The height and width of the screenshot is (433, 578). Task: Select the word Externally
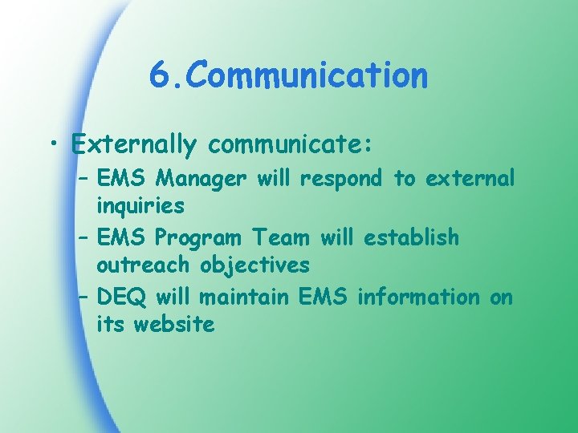(x=134, y=144)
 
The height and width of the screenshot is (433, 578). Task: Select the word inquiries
(x=140, y=206)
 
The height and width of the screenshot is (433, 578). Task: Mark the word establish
(x=411, y=237)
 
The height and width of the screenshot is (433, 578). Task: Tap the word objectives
(x=255, y=265)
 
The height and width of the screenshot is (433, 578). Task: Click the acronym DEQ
(x=121, y=297)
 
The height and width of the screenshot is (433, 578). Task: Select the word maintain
(x=245, y=297)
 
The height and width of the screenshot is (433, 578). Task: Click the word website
(x=174, y=325)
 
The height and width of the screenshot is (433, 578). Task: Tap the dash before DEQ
(x=83, y=298)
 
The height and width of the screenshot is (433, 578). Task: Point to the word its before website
(x=111, y=325)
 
